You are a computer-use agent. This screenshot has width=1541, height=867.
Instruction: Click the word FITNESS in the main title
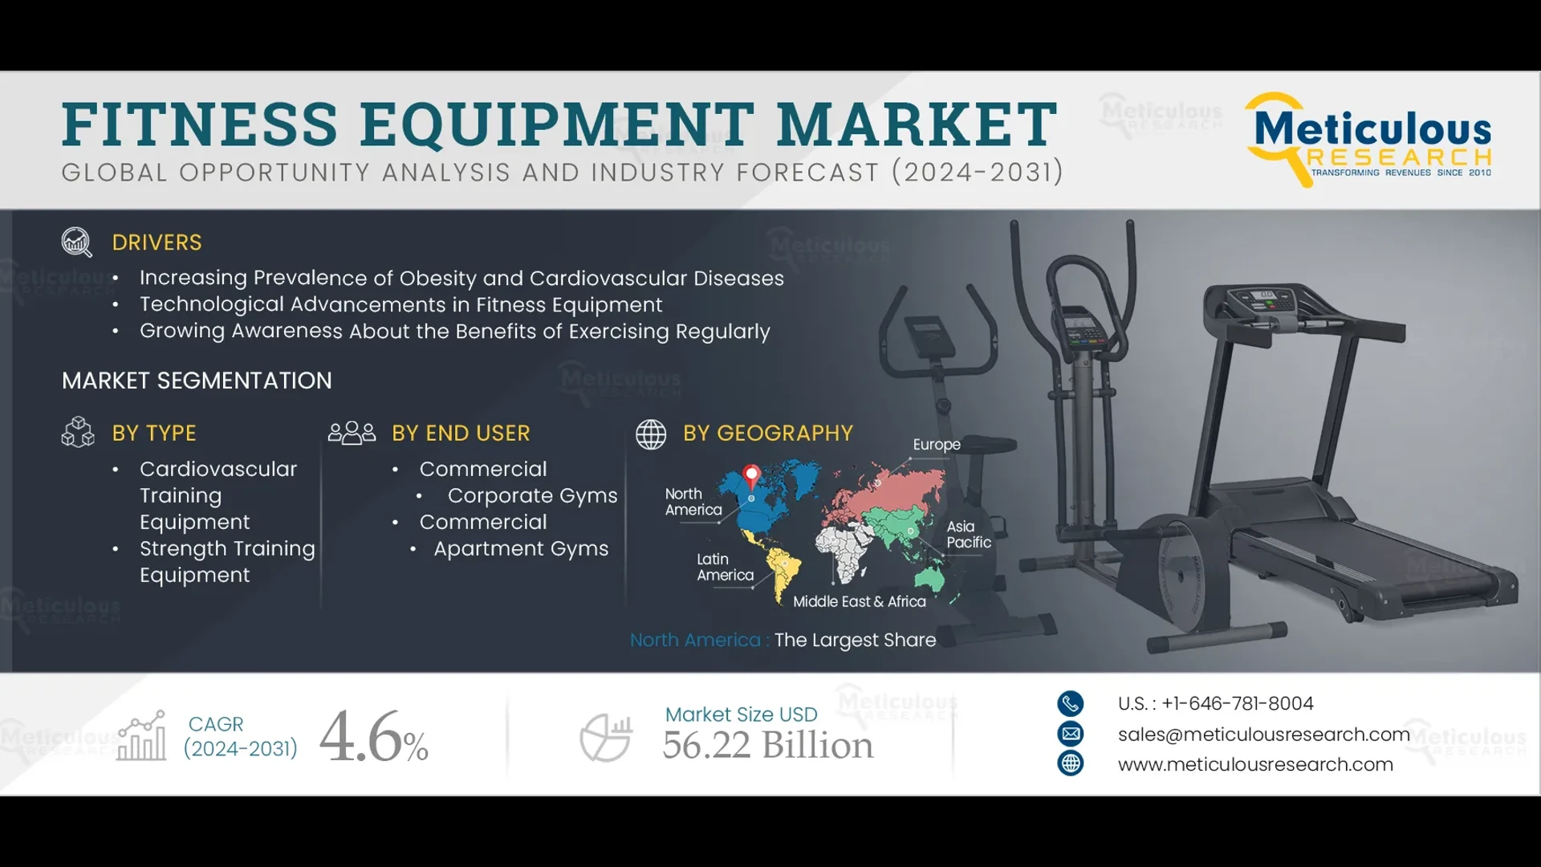pyautogui.click(x=200, y=124)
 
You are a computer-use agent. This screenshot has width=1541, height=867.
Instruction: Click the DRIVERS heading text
pyautogui.click(x=157, y=242)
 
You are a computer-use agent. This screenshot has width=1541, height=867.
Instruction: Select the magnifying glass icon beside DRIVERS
pyautogui.click(x=77, y=242)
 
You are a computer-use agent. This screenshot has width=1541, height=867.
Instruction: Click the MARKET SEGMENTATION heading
pyautogui.click(x=197, y=381)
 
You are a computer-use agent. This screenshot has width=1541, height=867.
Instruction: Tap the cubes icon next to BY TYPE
pyautogui.click(x=78, y=432)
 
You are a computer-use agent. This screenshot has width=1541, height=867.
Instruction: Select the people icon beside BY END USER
pyautogui.click(x=352, y=433)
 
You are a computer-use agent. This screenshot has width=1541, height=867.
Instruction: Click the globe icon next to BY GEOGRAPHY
pyautogui.click(x=651, y=433)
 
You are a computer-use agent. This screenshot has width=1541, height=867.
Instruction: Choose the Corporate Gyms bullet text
pyautogui.click(x=532, y=496)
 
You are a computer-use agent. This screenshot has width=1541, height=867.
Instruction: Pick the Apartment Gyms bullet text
pyautogui.click(x=521, y=549)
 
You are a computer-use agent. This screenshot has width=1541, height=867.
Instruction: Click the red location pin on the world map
pyautogui.click(x=751, y=475)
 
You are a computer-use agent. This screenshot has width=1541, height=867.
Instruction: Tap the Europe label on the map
pyautogui.click(x=936, y=445)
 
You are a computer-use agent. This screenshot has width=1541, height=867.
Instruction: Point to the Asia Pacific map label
pyautogui.click(x=968, y=535)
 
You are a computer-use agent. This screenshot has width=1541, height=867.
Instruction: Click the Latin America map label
pyautogui.click(x=725, y=568)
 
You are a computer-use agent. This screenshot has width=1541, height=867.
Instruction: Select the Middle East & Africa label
pyautogui.click(x=859, y=602)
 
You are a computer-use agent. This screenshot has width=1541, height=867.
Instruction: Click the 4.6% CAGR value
pyautogui.click(x=373, y=737)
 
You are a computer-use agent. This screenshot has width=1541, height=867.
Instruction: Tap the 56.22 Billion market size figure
pyautogui.click(x=767, y=745)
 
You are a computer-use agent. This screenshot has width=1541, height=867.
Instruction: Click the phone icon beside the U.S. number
pyautogui.click(x=1070, y=704)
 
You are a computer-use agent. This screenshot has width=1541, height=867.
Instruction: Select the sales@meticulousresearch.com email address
pyautogui.click(x=1263, y=735)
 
